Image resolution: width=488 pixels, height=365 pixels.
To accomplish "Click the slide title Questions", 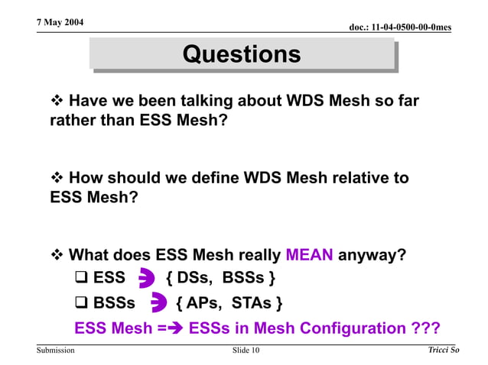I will [x=242, y=54].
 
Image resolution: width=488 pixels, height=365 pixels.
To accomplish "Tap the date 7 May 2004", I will [x=60, y=22].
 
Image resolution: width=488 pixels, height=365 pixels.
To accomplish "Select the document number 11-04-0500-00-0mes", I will [x=399, y=27].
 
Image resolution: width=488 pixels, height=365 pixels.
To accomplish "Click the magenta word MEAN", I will [x=309, y=255].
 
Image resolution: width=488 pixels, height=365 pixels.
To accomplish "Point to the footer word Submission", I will [x=55, y=350].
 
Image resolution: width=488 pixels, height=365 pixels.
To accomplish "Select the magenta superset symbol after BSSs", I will [x=158, y=303].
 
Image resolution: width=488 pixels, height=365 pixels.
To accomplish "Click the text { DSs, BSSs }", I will [x=220, y=278].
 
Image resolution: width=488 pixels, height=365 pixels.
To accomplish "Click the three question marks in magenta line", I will [x=427, y=328].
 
